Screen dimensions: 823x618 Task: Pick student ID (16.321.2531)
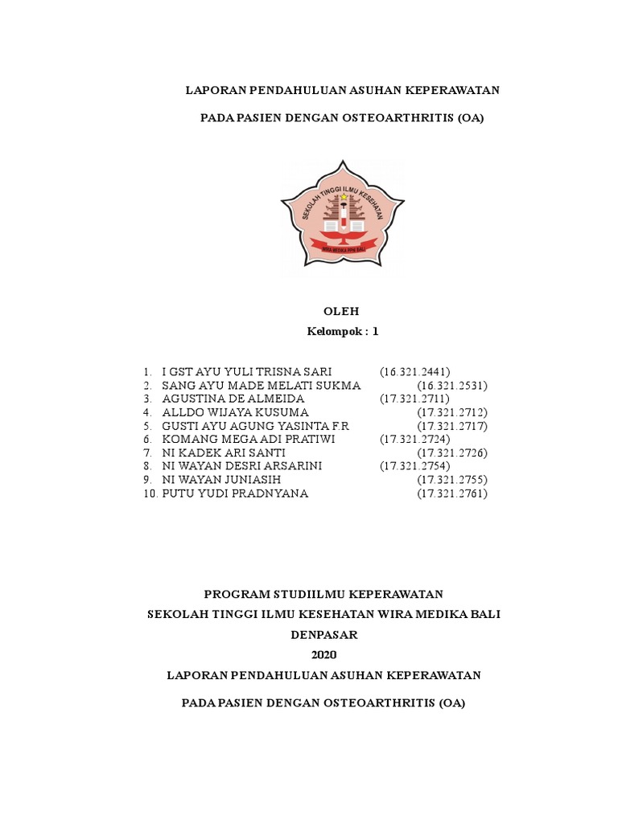click(x=452, y=385)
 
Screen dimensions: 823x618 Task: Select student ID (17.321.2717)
click(x=452, y=426)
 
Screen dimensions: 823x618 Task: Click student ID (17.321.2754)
click(x=415, y=466)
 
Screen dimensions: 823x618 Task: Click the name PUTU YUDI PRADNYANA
click(x=235, y=493)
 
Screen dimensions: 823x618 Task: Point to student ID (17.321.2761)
click(x=452, y=493)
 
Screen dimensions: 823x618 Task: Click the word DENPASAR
click(x=323, y=634)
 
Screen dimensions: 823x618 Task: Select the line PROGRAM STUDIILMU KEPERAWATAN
click(x=323, y=594)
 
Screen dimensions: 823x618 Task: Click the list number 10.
click(x=150, y=493)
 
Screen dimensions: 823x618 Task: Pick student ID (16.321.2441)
click(x=415, y=371)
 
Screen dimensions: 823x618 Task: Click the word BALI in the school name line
click(x=485, y=614)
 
